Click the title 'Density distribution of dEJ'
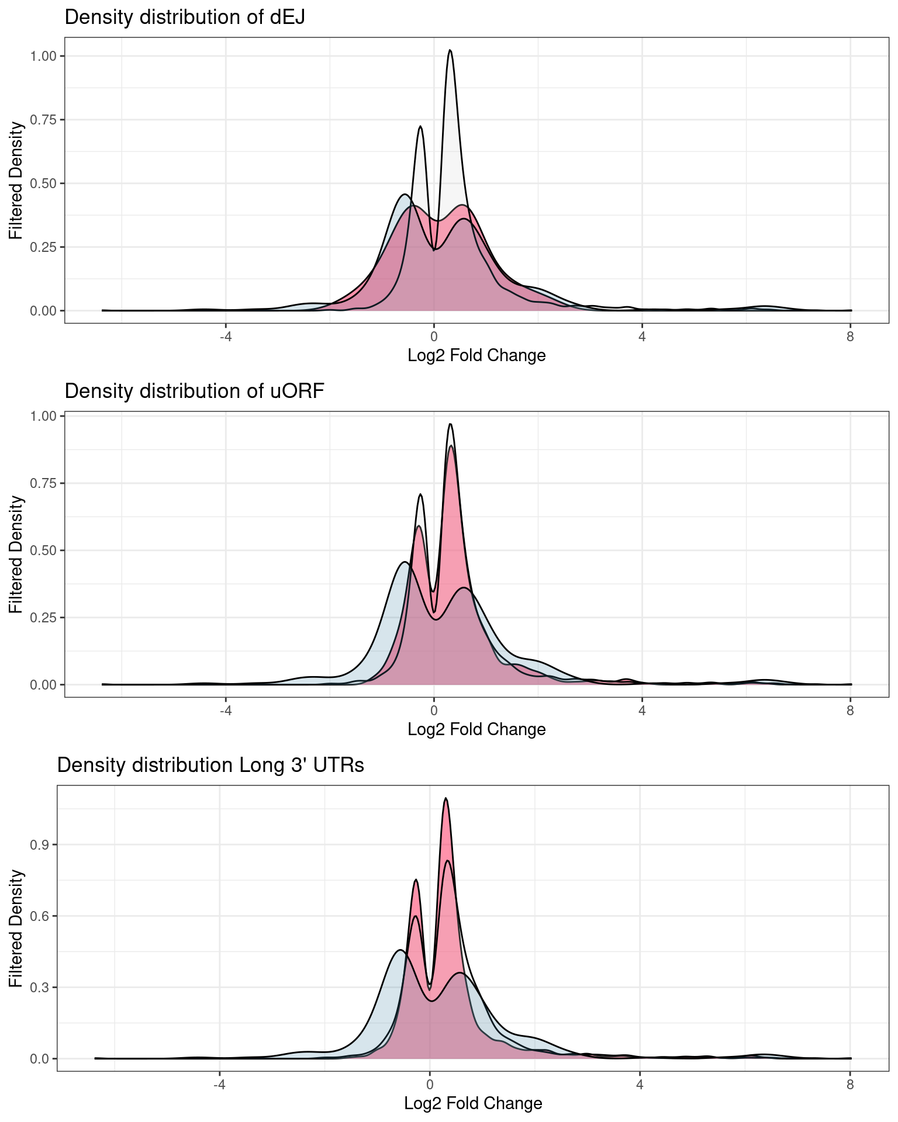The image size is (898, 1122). tap(185, 17)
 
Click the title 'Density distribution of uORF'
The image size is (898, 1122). tap(194, 391)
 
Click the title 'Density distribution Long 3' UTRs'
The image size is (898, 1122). tap(210, 765)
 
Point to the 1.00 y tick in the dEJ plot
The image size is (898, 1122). tap(44, 56)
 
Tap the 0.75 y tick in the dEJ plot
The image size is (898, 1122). tap(44, 120)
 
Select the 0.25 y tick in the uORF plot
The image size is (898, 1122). tap(44, 618)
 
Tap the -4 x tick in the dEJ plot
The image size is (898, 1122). tap(226, 337)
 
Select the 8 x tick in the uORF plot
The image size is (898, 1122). tap(850, 711)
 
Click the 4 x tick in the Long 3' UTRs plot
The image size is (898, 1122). tap(640, 1085)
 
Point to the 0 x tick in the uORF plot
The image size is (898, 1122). tap(434, 711)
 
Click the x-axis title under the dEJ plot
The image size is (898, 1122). tap(476, 355)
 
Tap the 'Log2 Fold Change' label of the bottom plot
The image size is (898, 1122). tap(473, 1103)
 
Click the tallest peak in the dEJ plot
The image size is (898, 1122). tap(450, 51)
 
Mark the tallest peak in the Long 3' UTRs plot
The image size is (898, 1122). tap(445, 798)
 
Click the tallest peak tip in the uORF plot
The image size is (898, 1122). tap(450, 424)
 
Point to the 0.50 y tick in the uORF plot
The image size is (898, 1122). tap(44, 550)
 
